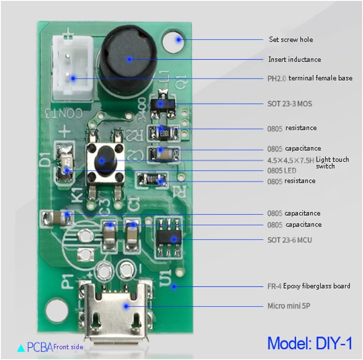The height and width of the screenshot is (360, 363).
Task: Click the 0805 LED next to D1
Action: click(66, 163)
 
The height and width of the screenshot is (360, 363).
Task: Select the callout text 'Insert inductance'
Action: click(294, 59)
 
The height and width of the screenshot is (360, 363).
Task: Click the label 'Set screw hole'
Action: click(291, 40)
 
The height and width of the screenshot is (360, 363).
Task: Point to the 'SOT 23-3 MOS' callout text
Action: click(289, 103)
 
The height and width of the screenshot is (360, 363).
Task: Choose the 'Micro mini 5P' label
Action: click(289, 306)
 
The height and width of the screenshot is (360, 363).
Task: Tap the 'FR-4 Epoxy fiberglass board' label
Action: click(309, 286)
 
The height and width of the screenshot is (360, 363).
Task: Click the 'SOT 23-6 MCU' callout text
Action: click(289, 240)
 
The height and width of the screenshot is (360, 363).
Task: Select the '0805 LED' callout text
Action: click(282, 171)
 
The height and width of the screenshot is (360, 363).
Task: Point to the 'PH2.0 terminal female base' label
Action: click(310, 78)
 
